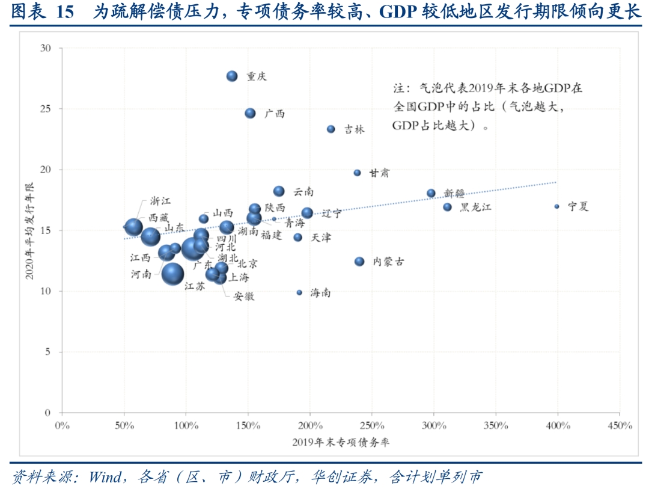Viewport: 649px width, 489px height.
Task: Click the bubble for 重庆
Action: [233, 76]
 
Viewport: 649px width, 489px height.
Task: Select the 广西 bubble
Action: [251, 113]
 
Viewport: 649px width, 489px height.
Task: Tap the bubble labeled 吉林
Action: [331, 129]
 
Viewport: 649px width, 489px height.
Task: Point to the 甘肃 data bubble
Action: [357, 173]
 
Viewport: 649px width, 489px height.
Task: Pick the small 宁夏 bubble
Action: [556, 206]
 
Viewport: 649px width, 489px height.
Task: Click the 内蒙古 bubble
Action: [359, 262]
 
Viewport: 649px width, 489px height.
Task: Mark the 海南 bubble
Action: [299, 292]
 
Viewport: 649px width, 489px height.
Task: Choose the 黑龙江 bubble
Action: [447, 207]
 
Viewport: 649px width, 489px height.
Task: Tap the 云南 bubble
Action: [279, 191]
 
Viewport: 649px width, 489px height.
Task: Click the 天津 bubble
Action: [297, 238]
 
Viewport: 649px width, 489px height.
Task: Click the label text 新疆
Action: [454, 193]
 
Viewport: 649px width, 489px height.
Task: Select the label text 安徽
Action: [243, 297]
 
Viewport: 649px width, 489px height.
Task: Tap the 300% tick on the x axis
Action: [433, 426]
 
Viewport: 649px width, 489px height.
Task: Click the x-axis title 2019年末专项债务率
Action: [341, 442]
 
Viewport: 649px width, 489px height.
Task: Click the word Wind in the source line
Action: [105, 478]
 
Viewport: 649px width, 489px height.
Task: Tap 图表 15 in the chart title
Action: [42, 13]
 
